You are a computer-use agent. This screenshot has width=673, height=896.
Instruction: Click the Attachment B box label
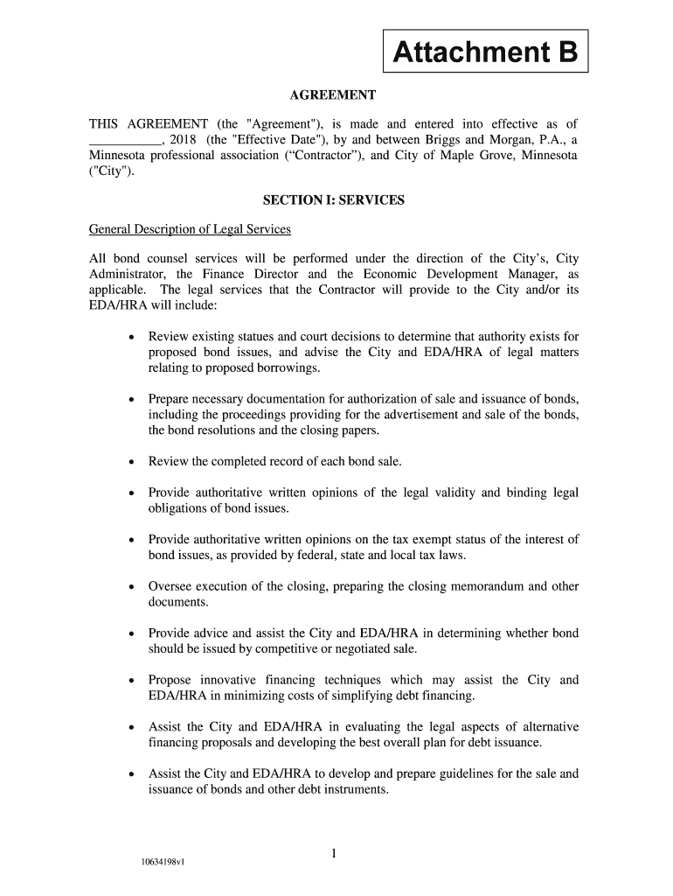(486, 54)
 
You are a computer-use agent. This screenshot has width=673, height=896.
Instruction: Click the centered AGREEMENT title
(333, 94)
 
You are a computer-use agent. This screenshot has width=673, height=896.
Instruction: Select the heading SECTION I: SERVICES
(333, 200)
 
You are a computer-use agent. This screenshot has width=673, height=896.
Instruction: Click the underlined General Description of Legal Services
(190, 229)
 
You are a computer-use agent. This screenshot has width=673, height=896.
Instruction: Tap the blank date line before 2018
(124, 140)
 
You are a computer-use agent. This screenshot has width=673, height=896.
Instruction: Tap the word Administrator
(129, 274)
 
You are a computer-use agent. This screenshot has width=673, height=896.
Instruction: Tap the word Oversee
(172, 586)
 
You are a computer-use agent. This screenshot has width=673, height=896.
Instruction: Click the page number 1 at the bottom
(334, 853)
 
